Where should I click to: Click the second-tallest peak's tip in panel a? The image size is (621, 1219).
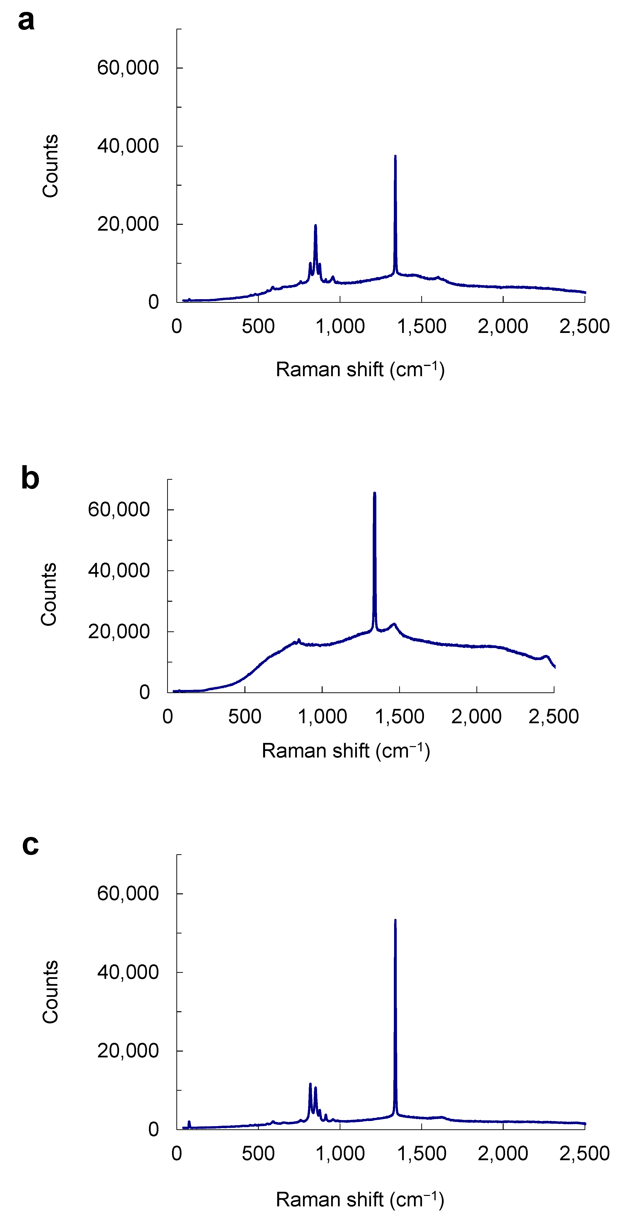(x=315, y=226)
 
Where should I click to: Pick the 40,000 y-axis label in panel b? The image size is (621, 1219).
(x=119, y=571)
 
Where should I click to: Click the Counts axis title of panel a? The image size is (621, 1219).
(x=50, y=166)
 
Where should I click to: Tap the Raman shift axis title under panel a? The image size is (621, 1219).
(x=360, y=370)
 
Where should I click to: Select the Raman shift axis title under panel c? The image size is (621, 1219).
(x=360, y=1200)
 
